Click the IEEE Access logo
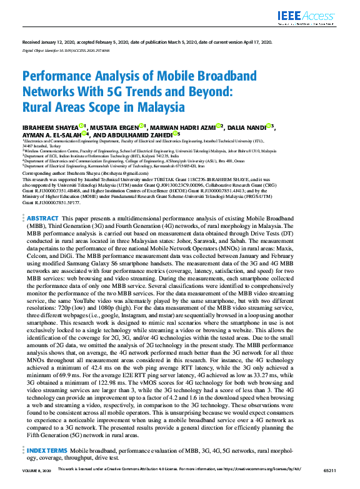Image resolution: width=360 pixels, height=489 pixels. pyautogui.click(x=319, y=17)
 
